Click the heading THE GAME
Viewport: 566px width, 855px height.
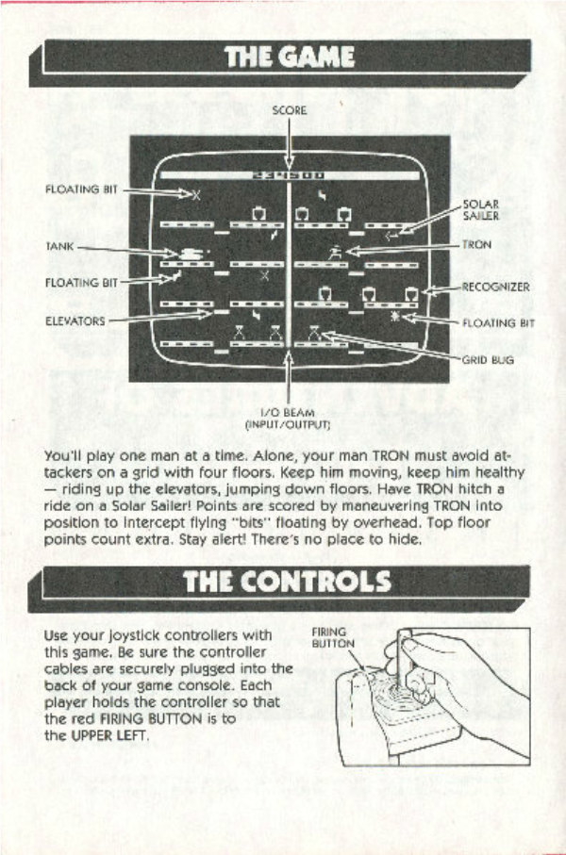click(x=289, y=58)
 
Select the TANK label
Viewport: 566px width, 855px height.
click(x=59, y=247)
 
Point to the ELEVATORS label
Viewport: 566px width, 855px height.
click(x=75, y=321)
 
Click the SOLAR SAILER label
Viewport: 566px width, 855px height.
click(x=475, y=210)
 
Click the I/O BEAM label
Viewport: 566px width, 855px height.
click(x=287, y=413)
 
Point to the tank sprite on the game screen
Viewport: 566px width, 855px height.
click(x=190, y=252)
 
